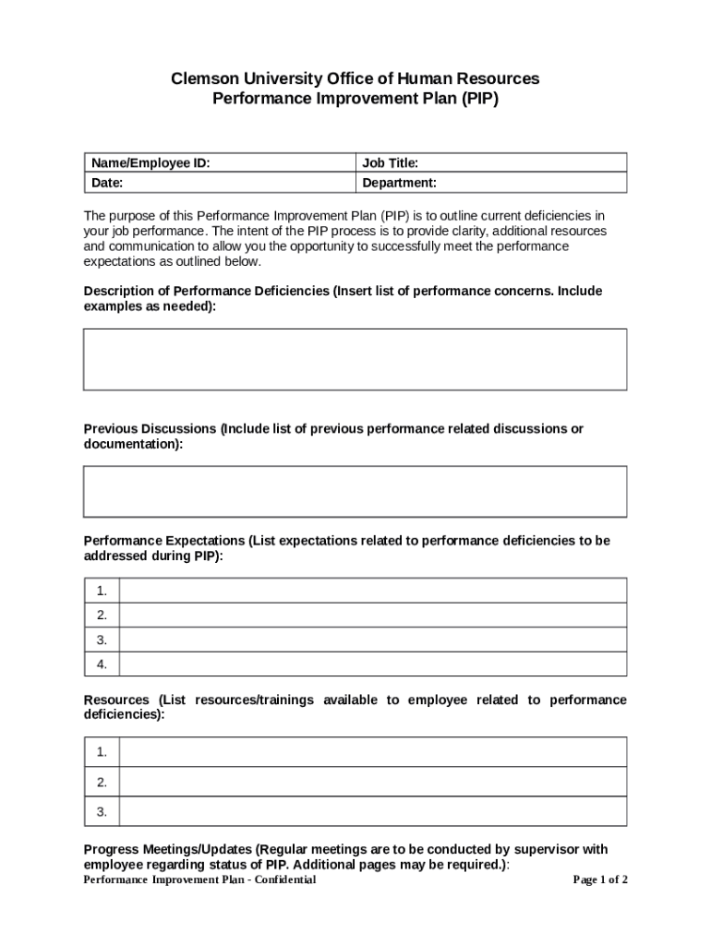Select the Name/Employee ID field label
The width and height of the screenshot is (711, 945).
tap(151, 163)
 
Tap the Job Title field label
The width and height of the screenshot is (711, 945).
tap(391, 163)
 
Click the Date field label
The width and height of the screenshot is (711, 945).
tap(107, 183)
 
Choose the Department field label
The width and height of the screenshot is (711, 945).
tap(400, 183)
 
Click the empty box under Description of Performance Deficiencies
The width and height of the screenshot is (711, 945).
tap(355, 359)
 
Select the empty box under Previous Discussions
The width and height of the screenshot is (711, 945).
tap(355, 491)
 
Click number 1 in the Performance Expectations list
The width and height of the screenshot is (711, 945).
tap(102, 591)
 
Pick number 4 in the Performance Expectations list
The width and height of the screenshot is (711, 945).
tap(102, 664)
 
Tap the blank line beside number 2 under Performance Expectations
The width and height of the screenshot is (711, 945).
tap(373, 616)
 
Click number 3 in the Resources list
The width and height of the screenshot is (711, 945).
tap(102, 812)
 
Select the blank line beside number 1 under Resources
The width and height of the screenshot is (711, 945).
tap(373, 752)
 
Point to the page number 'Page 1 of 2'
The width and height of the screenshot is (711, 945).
tap(600, 879)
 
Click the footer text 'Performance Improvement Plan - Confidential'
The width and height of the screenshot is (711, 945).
tap(199, 879)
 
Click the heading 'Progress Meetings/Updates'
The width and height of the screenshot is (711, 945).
tap(168, 849)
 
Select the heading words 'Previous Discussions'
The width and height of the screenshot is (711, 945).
tap(151, 429)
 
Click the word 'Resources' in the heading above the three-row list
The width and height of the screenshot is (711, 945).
tap(116, 700)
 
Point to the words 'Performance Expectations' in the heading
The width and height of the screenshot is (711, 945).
tap(163, 541)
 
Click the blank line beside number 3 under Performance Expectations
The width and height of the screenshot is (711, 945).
tap(373, 640)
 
